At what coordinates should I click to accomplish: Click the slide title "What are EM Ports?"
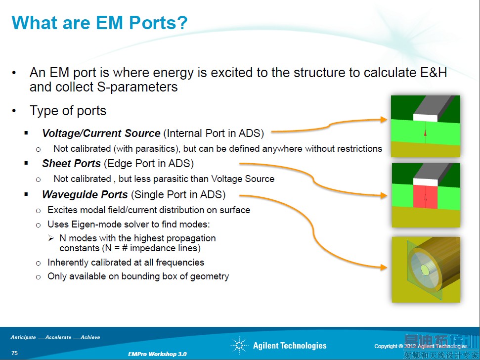pos(99,23)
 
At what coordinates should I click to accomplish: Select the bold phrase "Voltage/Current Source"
pos(101,134)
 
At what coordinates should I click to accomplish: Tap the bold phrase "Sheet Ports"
pos(71,164)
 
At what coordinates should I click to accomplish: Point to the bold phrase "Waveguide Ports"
pos(85,194)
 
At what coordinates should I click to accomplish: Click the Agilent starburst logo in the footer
pos(239,346)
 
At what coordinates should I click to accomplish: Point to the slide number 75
pos(15,353)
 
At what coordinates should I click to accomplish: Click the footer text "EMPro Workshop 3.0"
pos(157,354)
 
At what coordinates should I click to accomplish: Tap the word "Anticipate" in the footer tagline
pos(23,338)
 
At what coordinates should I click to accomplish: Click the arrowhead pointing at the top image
pos(385,119)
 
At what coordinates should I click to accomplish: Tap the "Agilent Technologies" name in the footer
pos(290,346)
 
